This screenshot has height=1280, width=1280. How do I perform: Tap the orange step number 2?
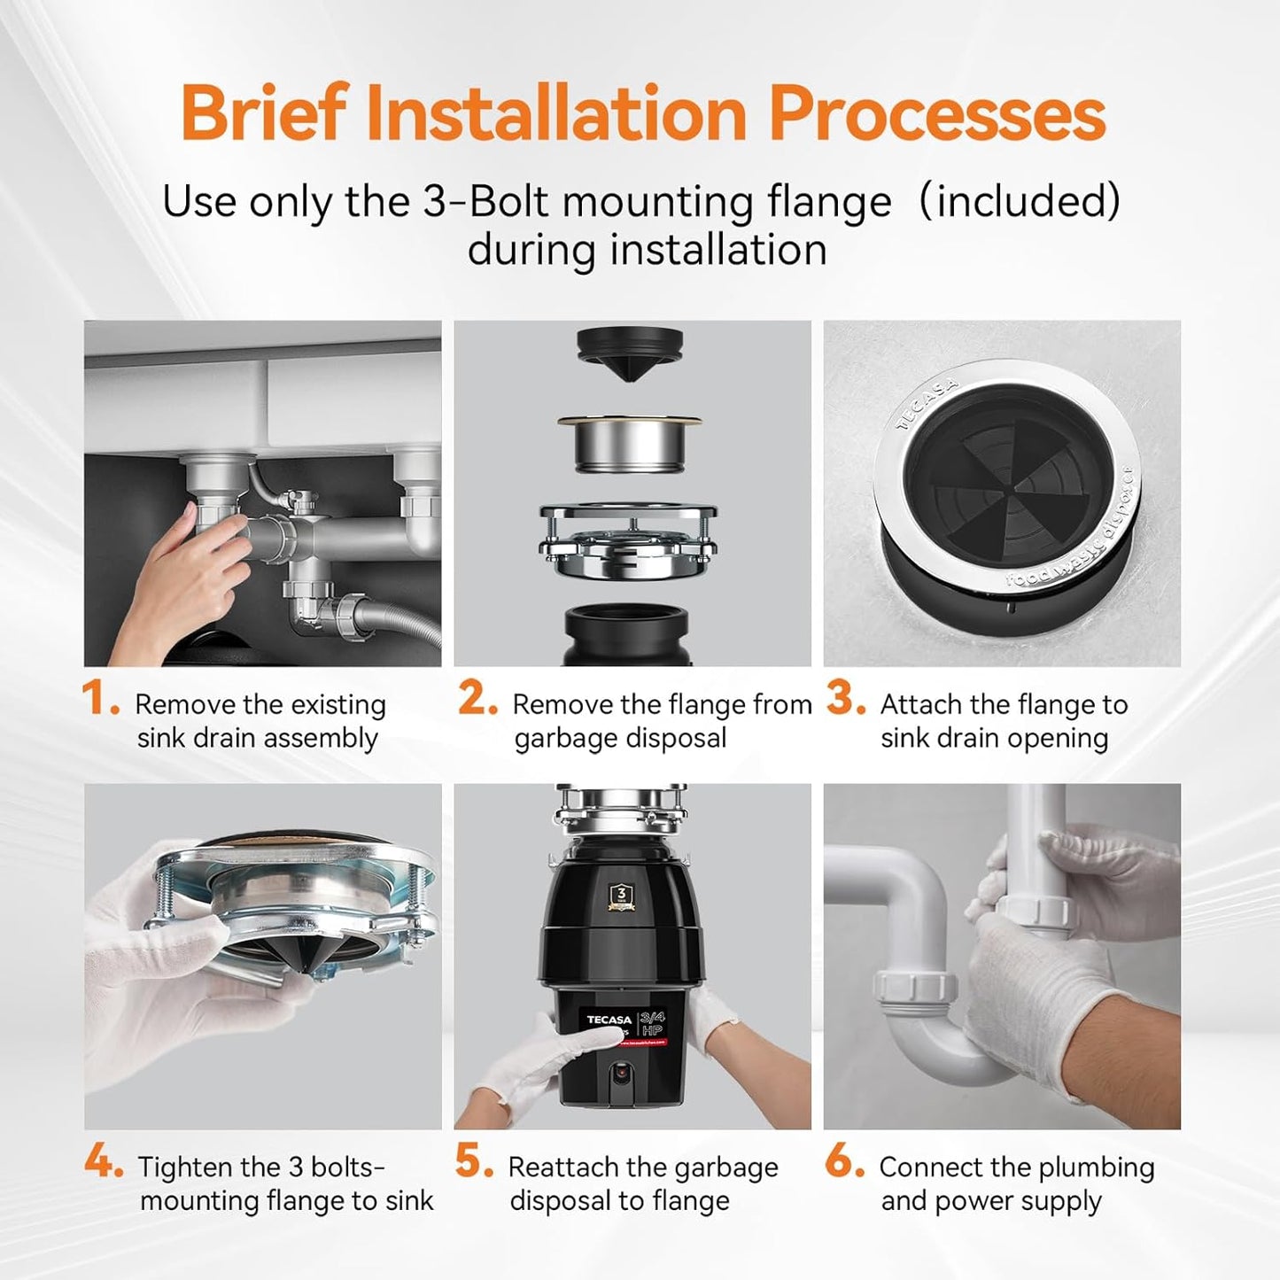click(x=477, y=699)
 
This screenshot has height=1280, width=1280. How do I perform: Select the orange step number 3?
click(x=844, y=699)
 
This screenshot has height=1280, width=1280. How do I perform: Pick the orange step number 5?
click(x=473, y=1161)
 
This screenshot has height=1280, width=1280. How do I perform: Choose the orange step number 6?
click(x=842, y=1161)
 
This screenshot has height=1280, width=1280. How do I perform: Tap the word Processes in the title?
click(x=936, y=113)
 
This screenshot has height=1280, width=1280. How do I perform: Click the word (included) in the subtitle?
click(x=1019, y=201)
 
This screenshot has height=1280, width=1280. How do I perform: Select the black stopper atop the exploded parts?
click(x=630, y=351)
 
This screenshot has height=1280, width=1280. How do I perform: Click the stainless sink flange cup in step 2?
click(x=630, y=445)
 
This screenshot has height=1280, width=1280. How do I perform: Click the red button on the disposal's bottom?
click(x=622, y=1072)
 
